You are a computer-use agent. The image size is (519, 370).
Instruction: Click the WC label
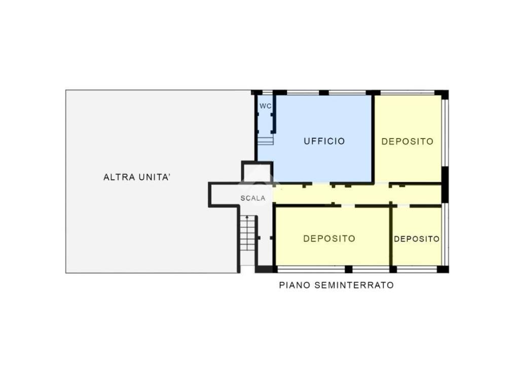pos(266,106)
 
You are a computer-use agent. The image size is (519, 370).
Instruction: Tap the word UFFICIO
pos(324,141)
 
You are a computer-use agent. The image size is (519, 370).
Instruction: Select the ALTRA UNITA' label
pos(137,177)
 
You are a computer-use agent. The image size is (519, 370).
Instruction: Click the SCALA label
pos(253,198)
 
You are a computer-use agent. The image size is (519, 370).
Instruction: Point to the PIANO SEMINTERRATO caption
pos(337,285)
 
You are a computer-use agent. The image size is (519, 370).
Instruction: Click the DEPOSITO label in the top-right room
pos(407,142)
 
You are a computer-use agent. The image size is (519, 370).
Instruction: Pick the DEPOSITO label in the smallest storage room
pos(417,239)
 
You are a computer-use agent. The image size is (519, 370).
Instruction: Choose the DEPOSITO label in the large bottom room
pos(329,239)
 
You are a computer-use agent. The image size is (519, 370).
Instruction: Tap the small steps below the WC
pos(266,141)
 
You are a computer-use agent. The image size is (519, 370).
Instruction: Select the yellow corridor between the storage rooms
pos(357,195)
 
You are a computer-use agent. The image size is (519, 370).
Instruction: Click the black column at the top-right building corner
pos(441,94)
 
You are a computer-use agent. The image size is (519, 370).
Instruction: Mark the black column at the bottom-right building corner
pos(443,269)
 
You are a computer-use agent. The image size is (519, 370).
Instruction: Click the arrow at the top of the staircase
pos(247,218)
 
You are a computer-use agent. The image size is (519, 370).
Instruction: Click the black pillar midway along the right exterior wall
pos(445,184)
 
